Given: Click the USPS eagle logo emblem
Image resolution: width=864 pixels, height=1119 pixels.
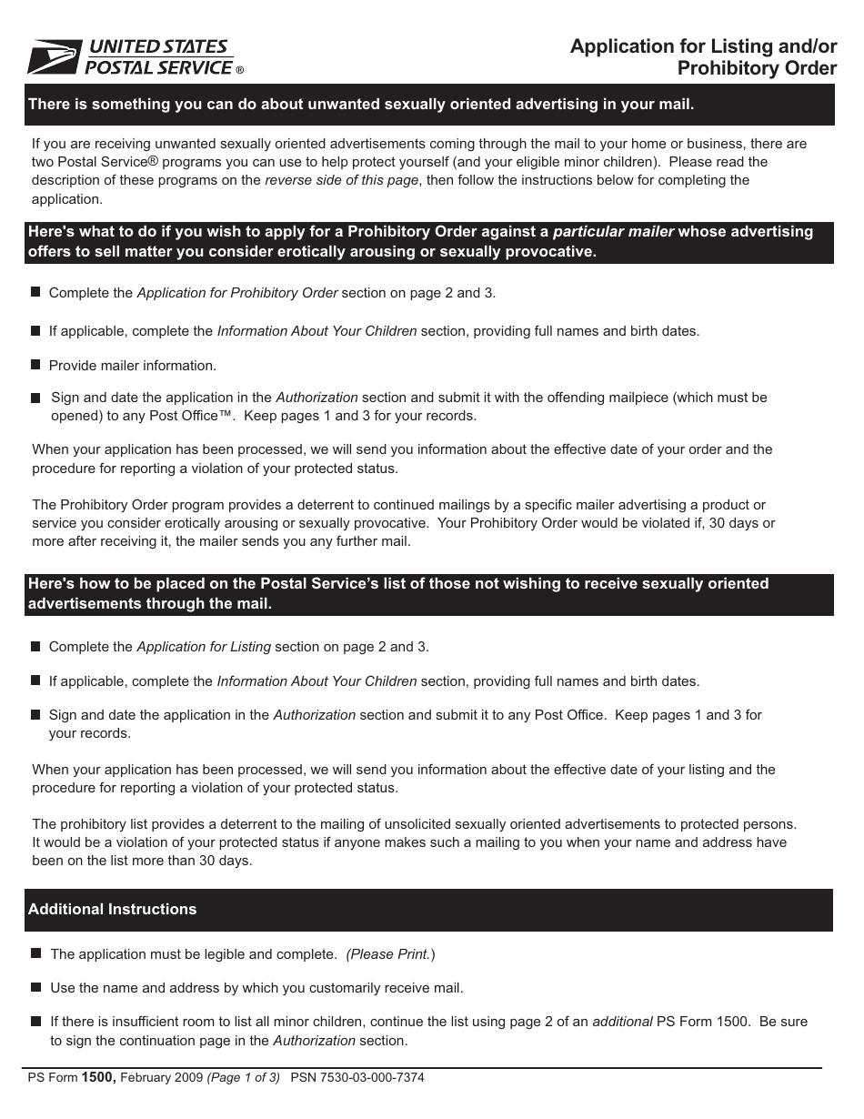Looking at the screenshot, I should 55,57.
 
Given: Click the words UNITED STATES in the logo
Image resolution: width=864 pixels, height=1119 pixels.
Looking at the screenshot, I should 156,47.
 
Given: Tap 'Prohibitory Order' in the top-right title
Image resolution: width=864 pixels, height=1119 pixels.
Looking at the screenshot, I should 757,68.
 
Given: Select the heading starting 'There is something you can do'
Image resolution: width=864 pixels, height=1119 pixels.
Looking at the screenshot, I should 361,104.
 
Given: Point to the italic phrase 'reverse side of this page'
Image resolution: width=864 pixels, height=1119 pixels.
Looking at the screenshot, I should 341,180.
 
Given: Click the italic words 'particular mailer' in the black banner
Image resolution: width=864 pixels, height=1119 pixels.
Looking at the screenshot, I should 613,231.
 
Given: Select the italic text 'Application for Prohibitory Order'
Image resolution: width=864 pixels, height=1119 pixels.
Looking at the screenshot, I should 236,293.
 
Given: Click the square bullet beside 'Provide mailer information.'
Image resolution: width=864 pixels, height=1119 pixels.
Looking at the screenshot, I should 35,365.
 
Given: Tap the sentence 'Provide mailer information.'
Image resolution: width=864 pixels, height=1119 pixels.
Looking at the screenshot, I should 133,366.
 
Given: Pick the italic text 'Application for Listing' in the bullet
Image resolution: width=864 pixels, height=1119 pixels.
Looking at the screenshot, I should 204,647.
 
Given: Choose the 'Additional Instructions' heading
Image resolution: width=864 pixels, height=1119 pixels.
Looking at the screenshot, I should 113,909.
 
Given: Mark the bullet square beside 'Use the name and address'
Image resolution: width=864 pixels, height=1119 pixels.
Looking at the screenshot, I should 35,987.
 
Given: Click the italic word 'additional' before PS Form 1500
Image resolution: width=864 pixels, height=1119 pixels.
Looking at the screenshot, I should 622,1022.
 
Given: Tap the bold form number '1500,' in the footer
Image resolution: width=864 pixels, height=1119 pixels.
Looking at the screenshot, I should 99,1077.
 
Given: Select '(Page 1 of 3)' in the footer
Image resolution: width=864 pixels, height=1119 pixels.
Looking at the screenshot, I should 244,1078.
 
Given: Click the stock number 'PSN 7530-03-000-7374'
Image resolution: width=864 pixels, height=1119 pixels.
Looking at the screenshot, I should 357,1078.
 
